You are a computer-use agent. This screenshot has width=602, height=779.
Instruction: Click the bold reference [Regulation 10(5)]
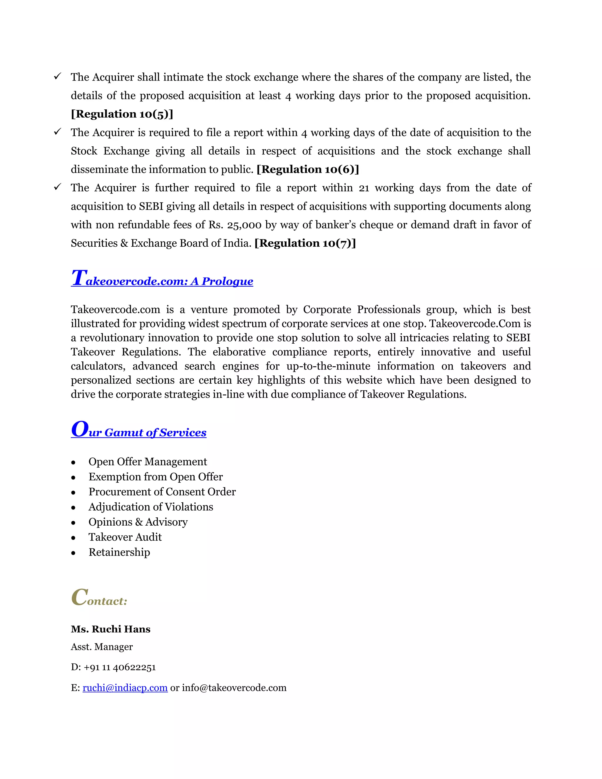click(x=122, y=114)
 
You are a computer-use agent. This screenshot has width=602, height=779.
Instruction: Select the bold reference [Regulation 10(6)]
click(x=307, y=169)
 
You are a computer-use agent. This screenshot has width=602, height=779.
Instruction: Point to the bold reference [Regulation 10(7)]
click(x=305, y=243)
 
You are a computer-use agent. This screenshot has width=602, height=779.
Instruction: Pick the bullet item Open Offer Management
click(x=148, y=462)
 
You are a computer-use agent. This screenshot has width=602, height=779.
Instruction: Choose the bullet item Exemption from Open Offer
click(x=155, y=477)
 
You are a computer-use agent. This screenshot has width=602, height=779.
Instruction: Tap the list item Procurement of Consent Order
click(x=162, y=492)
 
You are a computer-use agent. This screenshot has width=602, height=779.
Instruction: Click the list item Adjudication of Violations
click(x=150, y=507)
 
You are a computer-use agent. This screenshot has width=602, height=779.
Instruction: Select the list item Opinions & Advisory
click(x=138, y=522)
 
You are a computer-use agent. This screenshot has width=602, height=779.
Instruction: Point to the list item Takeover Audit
click(x=125, y=537)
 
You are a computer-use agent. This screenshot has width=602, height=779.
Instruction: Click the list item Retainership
click(x=119, y=552)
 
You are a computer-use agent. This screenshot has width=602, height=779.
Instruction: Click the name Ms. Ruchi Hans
click(x=111, y=629)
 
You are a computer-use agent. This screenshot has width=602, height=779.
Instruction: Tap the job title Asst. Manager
click(x=102, y=647)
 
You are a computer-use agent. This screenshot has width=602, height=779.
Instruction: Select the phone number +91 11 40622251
click(x=120, y=667)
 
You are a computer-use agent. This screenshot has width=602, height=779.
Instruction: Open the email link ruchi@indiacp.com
click(x=125, y=688)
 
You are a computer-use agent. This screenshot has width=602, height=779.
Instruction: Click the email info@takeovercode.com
click(x=234, y=688)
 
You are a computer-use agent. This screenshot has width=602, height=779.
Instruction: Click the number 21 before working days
click(x=364, y=188)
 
